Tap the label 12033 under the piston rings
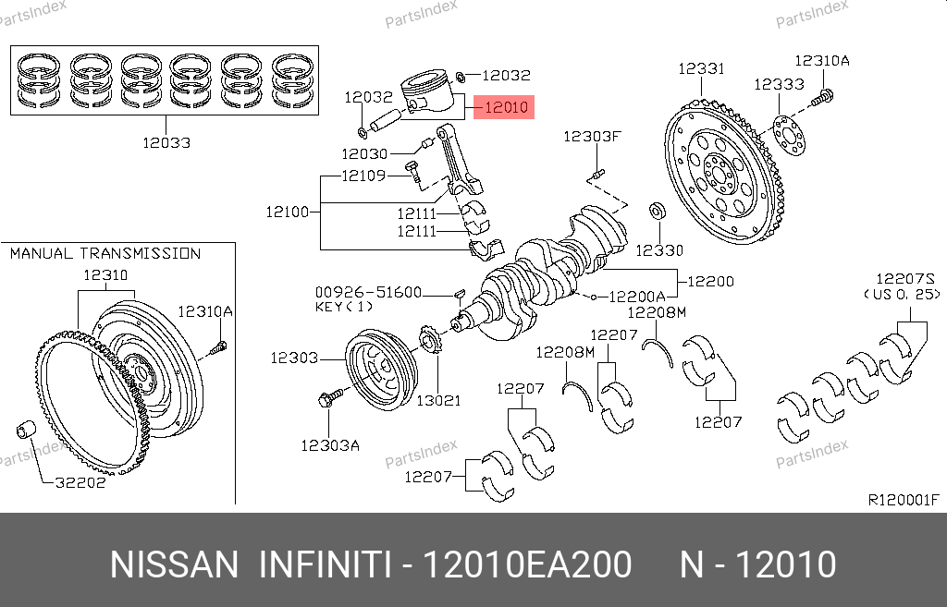166,142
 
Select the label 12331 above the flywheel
701,69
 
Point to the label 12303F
592,137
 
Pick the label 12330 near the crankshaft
659,249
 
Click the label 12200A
637,297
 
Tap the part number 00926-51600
367,292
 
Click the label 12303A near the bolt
329,445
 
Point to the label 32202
80,481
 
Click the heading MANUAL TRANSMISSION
105,253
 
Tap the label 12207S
906,278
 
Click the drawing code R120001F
904,500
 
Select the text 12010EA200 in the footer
526,565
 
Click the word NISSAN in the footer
173,565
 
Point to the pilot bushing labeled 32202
27,431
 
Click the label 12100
287,212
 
